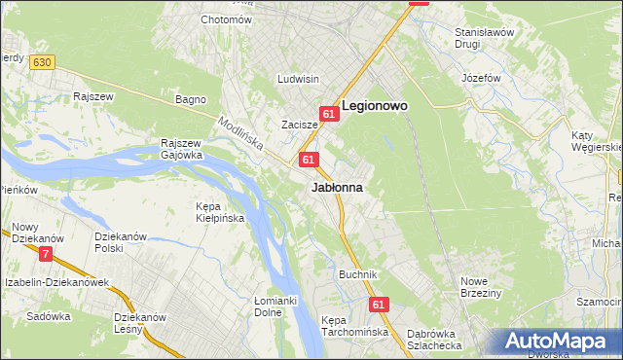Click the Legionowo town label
tap(375, 105)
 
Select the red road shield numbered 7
tap(46, 255)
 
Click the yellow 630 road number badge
tap(41, 61)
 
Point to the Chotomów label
tap(226, 19)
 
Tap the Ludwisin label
tap(299, 79)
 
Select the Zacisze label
tap(299, 125)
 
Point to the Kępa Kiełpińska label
tap(219, 213)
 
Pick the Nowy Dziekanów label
tap(38, 233)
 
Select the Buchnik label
tap(357, 275)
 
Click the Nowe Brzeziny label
tap(480, 287)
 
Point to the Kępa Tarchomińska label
tap(355, 326)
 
